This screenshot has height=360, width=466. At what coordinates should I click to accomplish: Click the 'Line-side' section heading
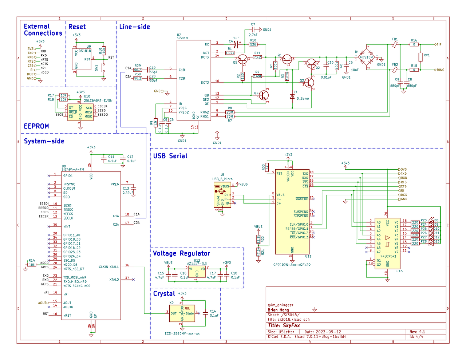(134, 27)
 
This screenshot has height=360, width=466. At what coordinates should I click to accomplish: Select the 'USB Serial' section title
(170, 156)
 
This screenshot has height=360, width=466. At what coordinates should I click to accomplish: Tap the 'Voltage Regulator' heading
(181, 253)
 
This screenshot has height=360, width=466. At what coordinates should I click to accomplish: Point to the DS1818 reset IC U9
(82, 59)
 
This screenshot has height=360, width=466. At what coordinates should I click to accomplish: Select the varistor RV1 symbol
(420, 57)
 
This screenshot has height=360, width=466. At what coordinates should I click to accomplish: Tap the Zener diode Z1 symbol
(292, 96)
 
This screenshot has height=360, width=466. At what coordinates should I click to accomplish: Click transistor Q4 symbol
(263, 95)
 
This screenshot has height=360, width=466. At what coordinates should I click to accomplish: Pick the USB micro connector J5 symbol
(222, 195)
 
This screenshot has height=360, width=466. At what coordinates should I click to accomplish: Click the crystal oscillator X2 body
(182, 313)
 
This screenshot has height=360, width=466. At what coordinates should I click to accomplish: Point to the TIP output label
(439, 44)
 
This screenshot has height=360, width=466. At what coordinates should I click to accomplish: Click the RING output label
(440, 70)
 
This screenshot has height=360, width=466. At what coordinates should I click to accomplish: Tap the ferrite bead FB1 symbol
(395, 44)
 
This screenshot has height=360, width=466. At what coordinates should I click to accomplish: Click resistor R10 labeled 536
(253, 44)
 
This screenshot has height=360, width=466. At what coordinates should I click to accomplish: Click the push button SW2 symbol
(103, 67)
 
